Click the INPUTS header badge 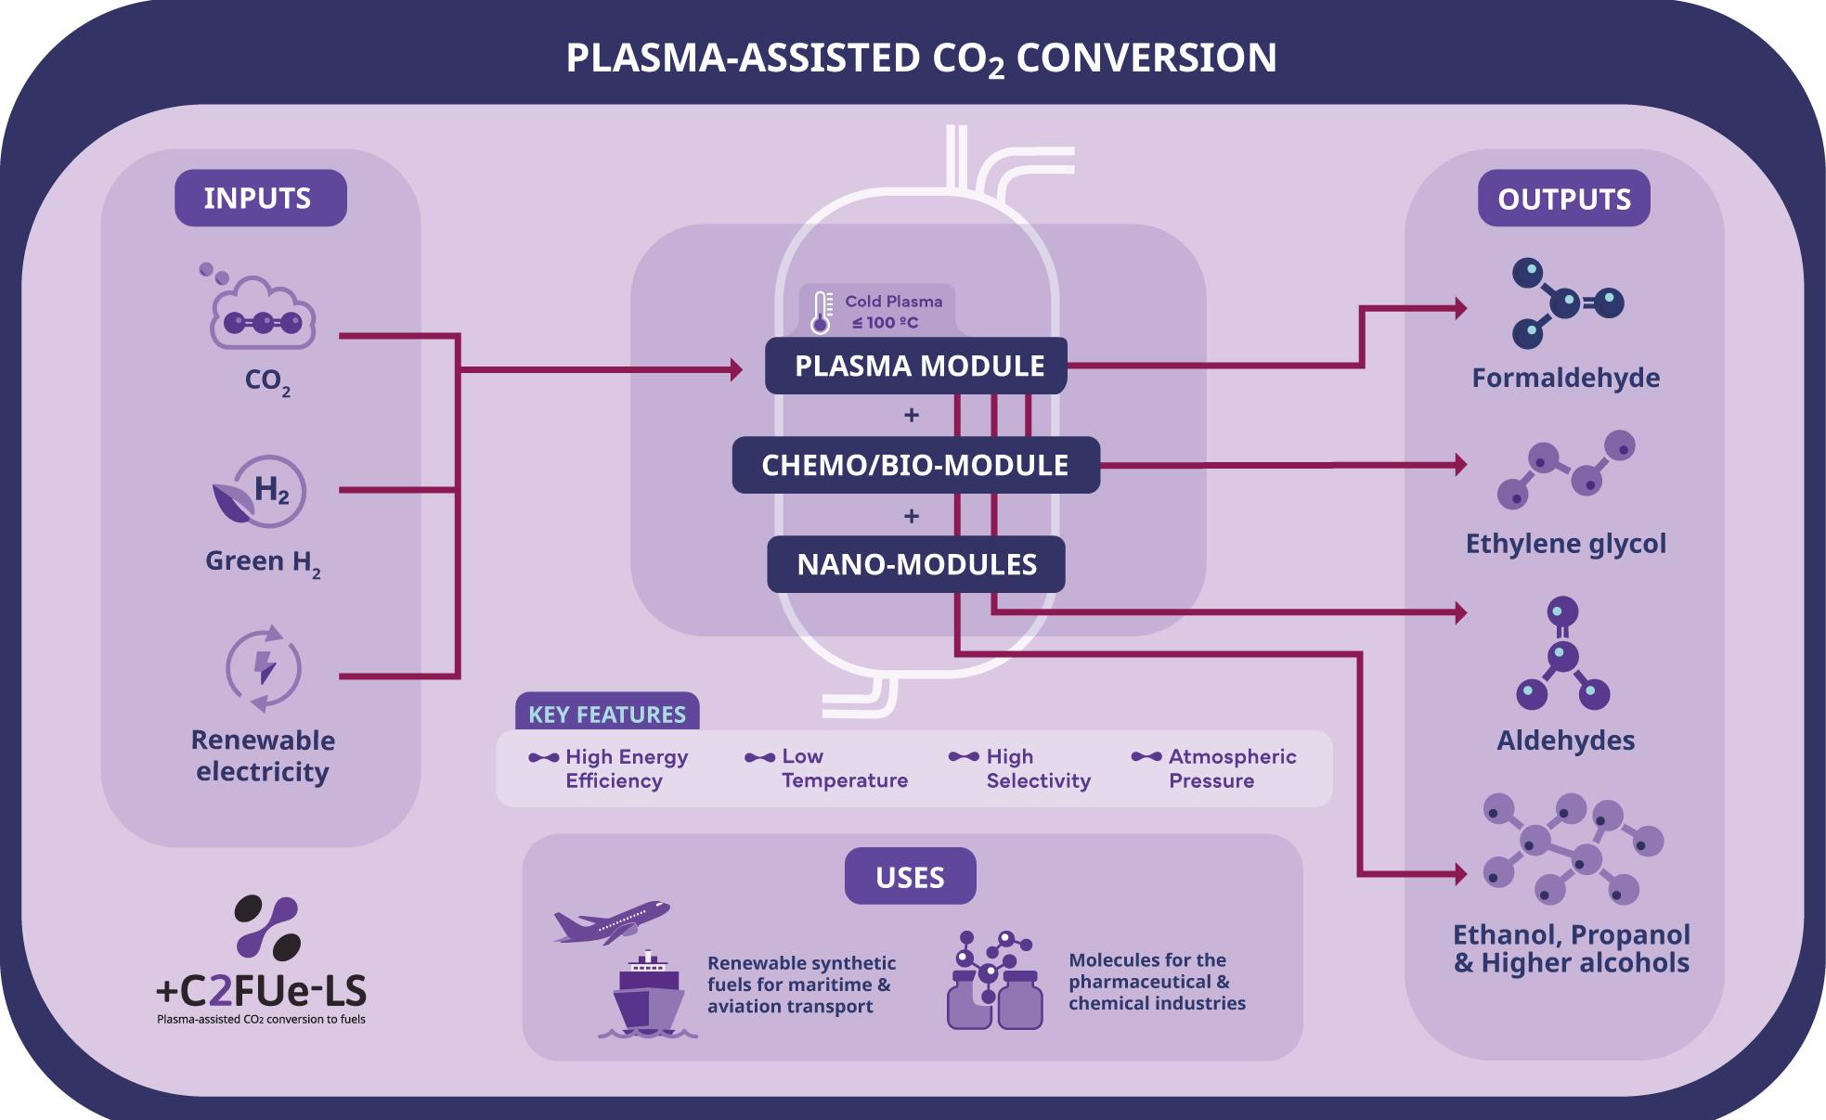coord(260,198)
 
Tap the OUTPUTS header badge coord(1563,199)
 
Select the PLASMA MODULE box coord(916,366)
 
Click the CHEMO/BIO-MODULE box coord(915,465)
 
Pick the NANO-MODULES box coord(915,564)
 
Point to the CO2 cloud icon coord(264,314)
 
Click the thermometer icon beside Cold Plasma coord(821,313)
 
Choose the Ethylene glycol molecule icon coord(1566,469)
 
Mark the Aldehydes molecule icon coord(1563,653)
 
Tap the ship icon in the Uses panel coord(648,995)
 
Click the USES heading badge coord(910,876)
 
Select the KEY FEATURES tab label coord(607,714)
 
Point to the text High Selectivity coord(1037,768)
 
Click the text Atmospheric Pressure coord(1231,768)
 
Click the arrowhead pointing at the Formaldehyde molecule coord(1460,308)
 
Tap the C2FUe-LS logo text coord(262,991)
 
